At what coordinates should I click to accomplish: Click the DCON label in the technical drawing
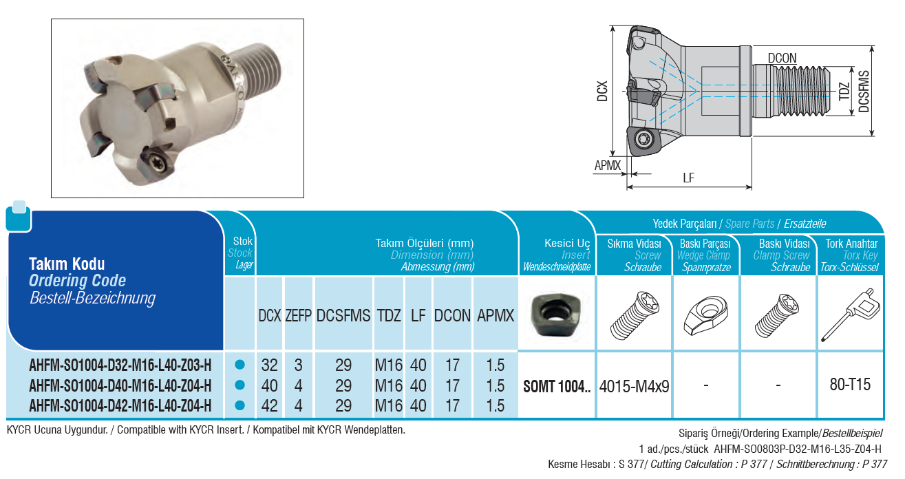(x=782, y=58)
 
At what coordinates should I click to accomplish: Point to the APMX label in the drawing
(x=607, y=165)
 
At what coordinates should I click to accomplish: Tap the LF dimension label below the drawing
(x=689, y=178)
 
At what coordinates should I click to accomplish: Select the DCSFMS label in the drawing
(x=864, y=92)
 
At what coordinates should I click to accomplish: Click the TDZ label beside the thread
(x=844, y=92)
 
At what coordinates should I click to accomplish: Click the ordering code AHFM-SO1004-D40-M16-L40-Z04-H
(x=120, y=385)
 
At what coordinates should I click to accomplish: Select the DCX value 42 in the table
(x=270, y=405)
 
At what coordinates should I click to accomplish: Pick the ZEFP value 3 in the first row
(x=298, y=365)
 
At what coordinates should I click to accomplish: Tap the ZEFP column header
(x=298, y=315)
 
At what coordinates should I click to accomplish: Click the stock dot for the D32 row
(x=239, y=365)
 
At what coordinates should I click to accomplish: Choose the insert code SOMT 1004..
(x=557, y=387)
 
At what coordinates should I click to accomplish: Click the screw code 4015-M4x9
(x=634, y=387)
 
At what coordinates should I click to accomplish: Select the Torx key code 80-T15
(x=850, y=385)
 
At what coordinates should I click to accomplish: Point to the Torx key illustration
(x=851, y=315)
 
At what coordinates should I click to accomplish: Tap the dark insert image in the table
(x=556, y=315)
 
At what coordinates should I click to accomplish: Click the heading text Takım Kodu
(x=67, y=264)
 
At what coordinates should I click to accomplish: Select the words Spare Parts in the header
(x=749, y=224)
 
